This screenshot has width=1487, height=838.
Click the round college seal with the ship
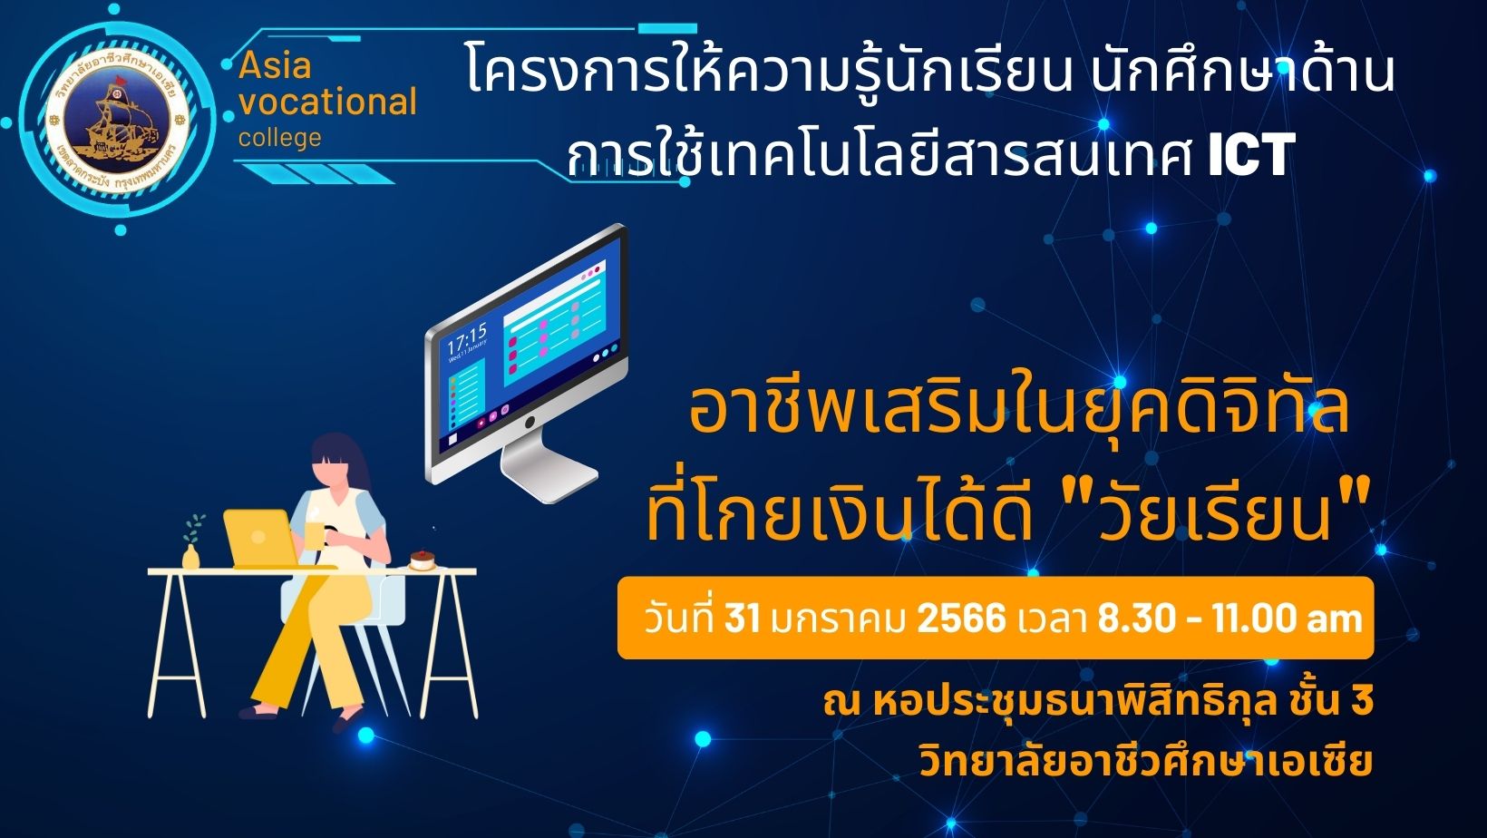click(118, 121)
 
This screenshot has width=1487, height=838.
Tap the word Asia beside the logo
click(275, 65)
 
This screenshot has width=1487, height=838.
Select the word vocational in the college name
click(327, 102)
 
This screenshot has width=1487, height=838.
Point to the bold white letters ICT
click(1250, 154)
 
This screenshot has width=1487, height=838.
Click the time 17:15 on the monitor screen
click(467, 337)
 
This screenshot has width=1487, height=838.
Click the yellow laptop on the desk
click(260, 538)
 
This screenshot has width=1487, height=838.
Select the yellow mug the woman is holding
click(315, 535)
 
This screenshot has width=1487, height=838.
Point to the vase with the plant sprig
click(192, 542)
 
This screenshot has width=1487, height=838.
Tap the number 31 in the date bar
click(742, 619)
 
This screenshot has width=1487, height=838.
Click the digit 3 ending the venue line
click(1362, 703)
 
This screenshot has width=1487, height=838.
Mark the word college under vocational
click(280, 139)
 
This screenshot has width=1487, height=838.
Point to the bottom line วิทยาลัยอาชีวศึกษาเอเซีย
click(1146, 762)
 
